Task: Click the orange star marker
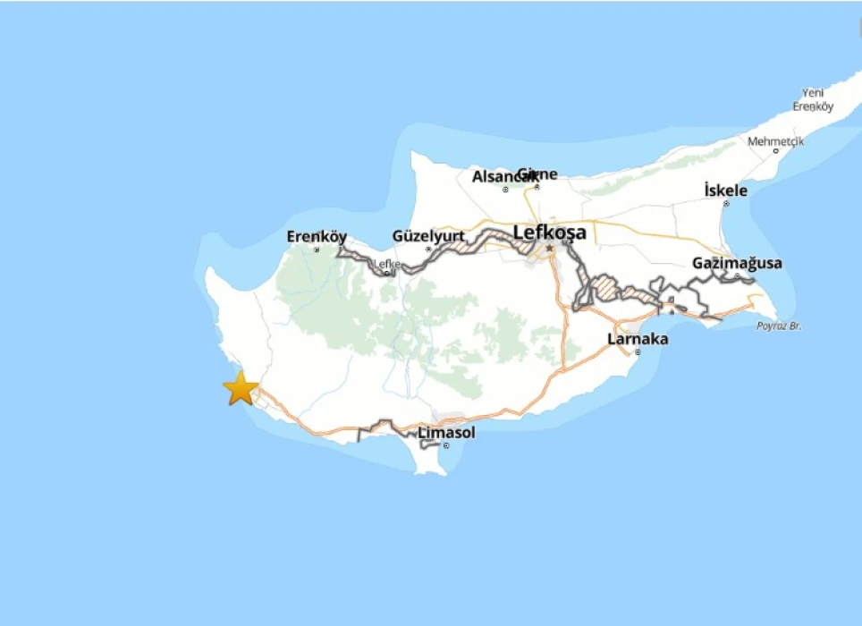pos(241,389)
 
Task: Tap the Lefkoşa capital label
pos(550,233)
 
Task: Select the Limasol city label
pos(447,433)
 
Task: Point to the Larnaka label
pos(638,340)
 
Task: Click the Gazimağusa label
pos(737,263)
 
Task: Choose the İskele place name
pos(725,190)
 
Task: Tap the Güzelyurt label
pos(428,236)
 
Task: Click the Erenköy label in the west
pos(317,237)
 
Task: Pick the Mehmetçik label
pos(776,141)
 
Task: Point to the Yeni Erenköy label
pos(813,99)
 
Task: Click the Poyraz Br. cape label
pos(779,326)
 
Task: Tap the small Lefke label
pos(387,264)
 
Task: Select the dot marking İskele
pos(726,204)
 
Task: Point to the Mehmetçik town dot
pos(776,151)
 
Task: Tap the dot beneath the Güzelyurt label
pos(428,249)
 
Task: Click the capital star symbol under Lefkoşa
pos(550,248)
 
